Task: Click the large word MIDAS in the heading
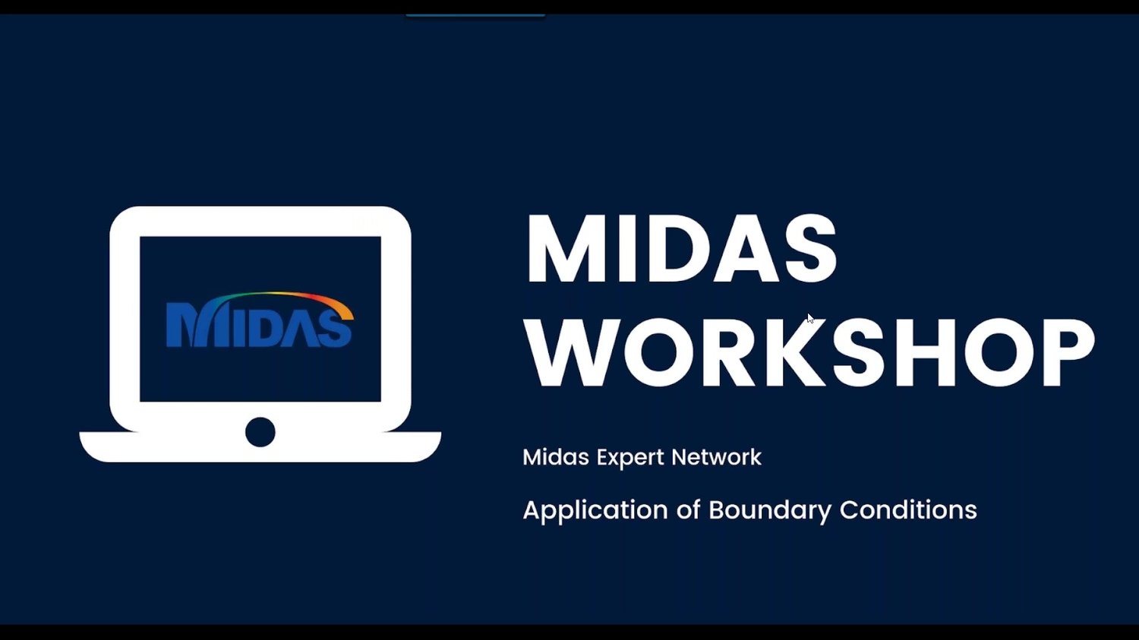tap(681, 248)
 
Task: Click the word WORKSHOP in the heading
tap(810, 352)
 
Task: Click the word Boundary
tap(769, 510)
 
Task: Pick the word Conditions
tap(908, 509)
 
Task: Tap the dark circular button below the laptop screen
tap(260, 432)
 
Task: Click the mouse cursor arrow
tap(810, 318)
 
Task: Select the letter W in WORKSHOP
tap(570, 352)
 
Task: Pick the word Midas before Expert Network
tap(556, 457)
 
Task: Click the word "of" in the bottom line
tap(688, 509)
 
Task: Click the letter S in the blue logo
tap(335, 329)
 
